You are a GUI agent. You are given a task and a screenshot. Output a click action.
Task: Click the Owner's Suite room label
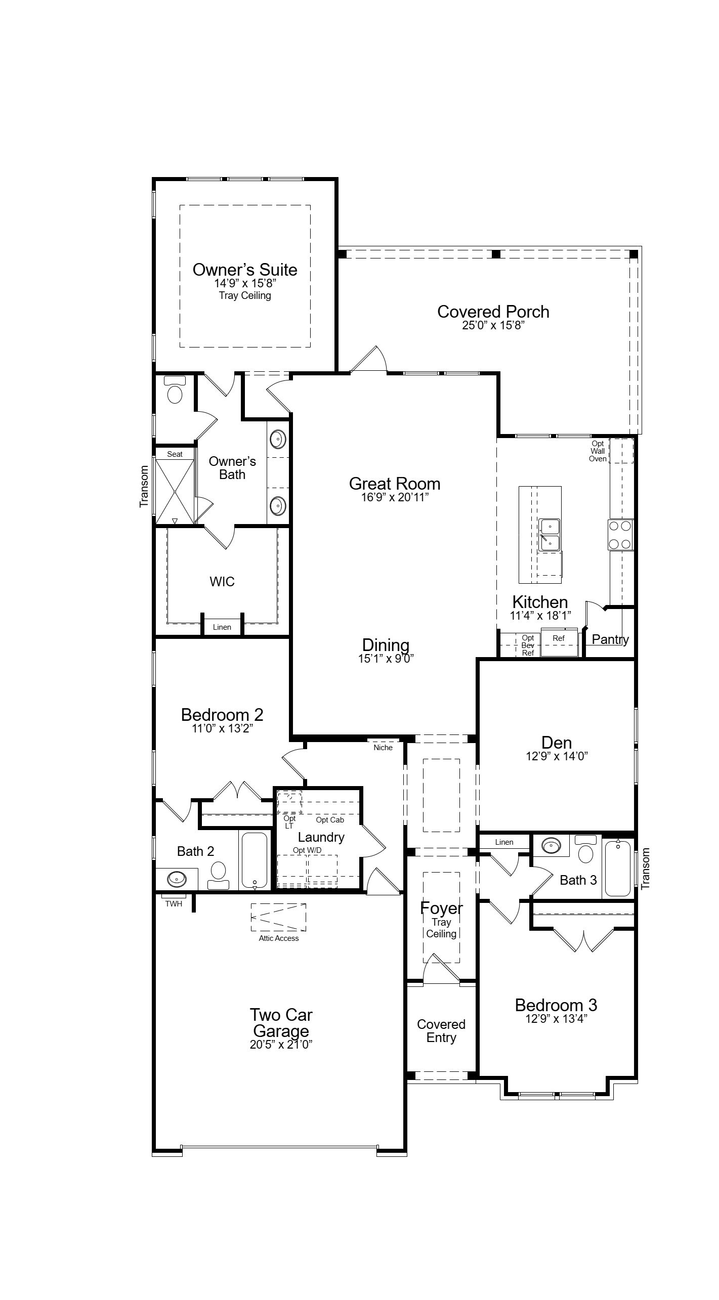coord(245,269)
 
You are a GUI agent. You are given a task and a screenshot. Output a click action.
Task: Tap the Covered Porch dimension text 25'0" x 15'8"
coord(493,325)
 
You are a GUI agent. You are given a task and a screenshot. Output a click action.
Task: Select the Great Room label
coord(395,484)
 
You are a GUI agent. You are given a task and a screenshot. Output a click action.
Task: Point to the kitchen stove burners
coord(620,535)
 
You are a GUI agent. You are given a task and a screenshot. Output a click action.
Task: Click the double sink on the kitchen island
coord(549,535)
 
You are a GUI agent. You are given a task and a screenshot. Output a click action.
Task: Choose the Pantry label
coord(610,639)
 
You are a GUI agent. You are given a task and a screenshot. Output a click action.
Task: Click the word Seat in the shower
coord(175,454)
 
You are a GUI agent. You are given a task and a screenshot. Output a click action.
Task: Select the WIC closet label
coord(222,581)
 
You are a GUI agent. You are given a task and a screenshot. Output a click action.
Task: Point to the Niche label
coord(383,747)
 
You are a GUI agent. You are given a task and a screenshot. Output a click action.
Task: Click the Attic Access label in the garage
coord(279,938)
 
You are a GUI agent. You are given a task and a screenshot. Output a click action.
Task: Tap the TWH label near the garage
coord(174,903)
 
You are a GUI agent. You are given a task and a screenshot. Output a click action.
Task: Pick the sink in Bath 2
coord(176,879)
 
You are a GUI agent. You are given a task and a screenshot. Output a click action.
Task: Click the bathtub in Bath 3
coord(618,868)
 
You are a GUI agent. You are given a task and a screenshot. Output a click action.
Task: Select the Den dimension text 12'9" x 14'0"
coord(557,756)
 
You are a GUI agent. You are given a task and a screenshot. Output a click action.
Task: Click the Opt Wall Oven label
coord(598,451)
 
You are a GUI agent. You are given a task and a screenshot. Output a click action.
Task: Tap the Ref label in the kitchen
coord(559,638)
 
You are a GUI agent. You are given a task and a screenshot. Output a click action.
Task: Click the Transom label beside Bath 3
coord(645,869)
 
